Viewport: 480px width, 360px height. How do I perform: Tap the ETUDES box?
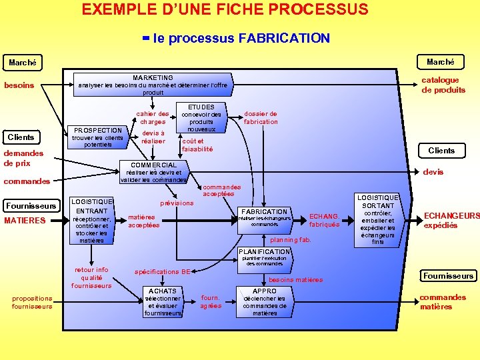(x=201, y=118)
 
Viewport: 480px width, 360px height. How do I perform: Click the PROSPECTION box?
(x=97, y=137)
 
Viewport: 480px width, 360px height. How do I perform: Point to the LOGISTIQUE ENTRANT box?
(x=91, y=221)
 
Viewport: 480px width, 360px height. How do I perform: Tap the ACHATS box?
(x=163, y=302)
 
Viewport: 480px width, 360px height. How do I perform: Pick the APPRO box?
(x=265, y=302)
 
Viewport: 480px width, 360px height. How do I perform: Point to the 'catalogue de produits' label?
(x=443, y=85)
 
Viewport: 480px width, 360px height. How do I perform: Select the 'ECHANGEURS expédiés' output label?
(x=451, y=221)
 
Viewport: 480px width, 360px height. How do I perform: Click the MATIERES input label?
(x=25, y=221)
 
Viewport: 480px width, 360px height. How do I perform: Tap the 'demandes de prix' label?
(x=23, y=158)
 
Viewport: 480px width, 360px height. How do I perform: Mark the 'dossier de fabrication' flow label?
(x=261, y=118)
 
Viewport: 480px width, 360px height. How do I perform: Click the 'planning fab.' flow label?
(x=291, y=239)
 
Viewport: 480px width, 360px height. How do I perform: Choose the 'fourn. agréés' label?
(x=211, y=302)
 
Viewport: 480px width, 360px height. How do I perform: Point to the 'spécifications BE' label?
(x=163, y=272)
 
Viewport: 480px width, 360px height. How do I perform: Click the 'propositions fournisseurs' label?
(x=32, y=302)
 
